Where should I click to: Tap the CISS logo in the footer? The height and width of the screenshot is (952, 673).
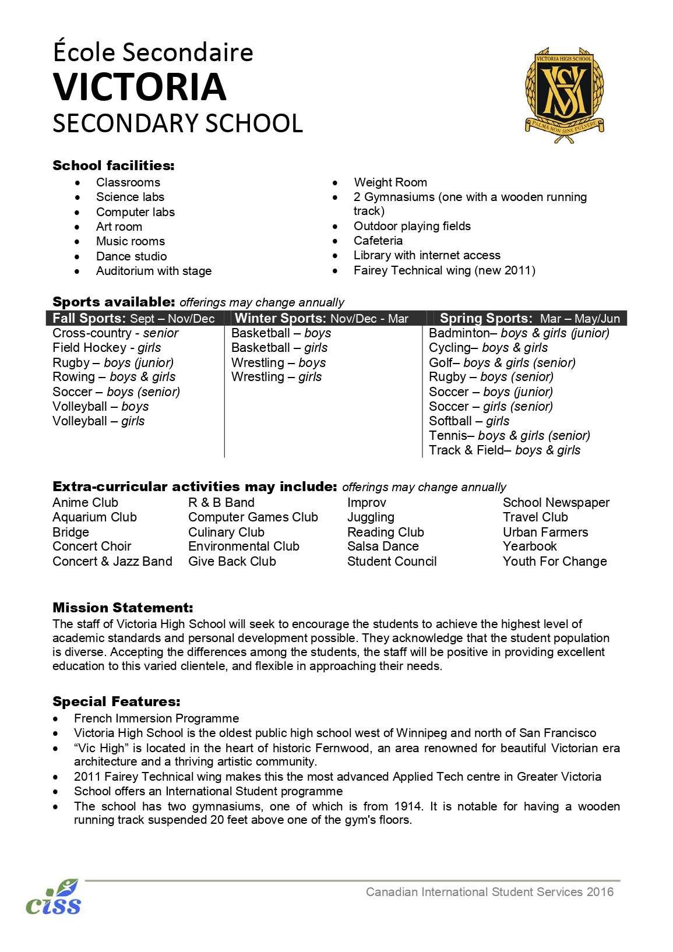click(53, 897)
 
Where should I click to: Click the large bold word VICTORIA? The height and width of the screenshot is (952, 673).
click(139, 87)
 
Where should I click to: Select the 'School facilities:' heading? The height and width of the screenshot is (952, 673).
click(114, 165)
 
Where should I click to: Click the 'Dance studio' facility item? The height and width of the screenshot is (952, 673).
click(131, 256)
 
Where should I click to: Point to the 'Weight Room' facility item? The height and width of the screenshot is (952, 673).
click(390, 182)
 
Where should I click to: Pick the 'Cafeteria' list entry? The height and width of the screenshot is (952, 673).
click(378, 241)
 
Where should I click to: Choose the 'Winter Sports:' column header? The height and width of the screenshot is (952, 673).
click(280, 318)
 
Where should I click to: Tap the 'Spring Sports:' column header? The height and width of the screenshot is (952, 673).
click(486, 318)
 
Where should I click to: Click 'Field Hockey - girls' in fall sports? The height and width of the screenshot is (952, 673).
click(107, 348)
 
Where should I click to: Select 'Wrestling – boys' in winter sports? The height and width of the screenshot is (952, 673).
click(279, 362)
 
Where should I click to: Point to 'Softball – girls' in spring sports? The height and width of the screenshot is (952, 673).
click(469, 421)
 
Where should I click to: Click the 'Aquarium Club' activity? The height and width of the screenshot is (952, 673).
click(94, 517)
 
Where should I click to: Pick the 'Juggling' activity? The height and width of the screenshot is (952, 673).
click(371, 517)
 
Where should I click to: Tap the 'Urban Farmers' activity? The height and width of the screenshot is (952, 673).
click(545, 532)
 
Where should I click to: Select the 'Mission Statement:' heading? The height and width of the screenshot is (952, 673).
click(122, 608)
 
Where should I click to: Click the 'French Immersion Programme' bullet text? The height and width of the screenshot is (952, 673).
click(156, 718)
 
